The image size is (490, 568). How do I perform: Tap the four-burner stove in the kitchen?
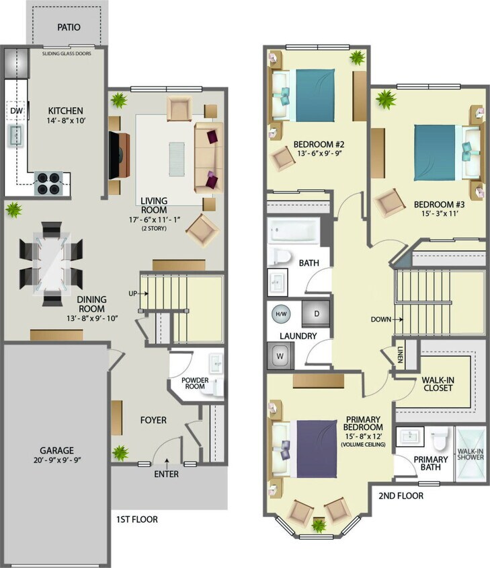[x=48, y=182]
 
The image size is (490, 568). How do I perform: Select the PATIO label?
[x=68, y=28]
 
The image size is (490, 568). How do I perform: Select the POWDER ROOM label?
[x=196, y=383]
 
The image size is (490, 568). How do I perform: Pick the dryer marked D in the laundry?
[x=315, y=314]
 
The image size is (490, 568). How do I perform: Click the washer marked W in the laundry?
[x=280, y=355]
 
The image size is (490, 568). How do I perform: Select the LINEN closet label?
[x=399, y=355]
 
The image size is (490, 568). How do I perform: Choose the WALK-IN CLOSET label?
[x=438, y=384]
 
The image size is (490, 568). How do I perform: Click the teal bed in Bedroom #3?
[x=441, y=151]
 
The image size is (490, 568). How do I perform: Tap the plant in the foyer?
[x=120, y=452]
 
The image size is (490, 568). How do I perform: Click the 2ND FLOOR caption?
[x=401, y=496]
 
